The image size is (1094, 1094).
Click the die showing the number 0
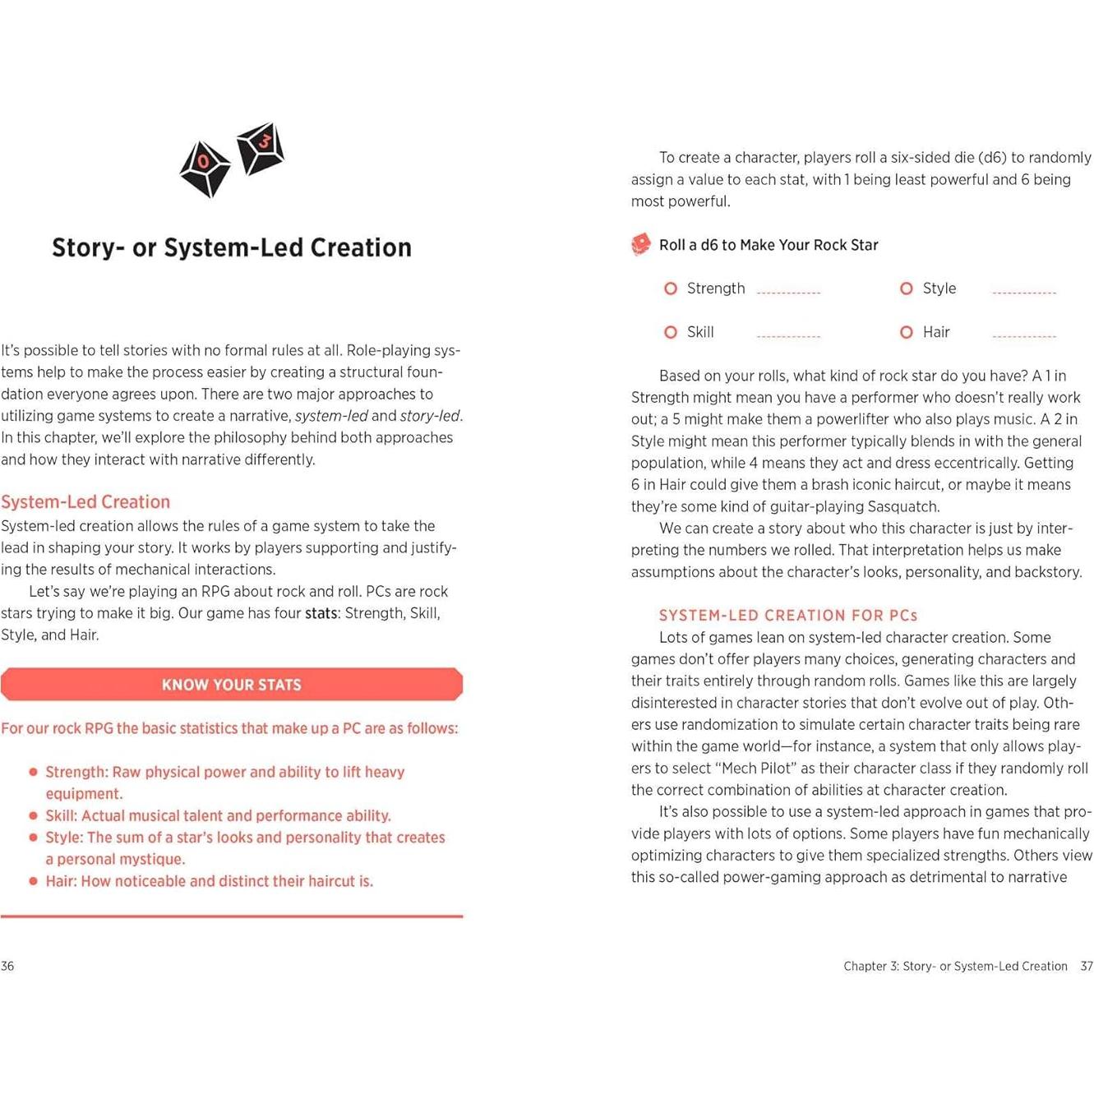[205, 168]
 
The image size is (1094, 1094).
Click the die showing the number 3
[261, 148]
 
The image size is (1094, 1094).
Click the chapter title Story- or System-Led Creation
[232, 247]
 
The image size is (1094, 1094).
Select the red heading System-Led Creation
[85, 501]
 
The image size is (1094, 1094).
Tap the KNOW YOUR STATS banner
[232, 685]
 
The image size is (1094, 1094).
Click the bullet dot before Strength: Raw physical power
[34, 772]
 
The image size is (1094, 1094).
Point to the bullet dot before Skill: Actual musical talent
[34, 815]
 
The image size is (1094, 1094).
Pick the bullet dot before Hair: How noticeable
[34, 881]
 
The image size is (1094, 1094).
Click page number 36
[7, 966]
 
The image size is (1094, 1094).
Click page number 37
[1087, 966]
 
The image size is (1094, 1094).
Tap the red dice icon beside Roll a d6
[641, 244]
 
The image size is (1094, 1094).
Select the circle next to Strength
[671, 289]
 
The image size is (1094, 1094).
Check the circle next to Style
[907, 289]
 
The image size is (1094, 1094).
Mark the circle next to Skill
[671, 332]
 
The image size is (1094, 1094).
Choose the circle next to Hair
[907, 332]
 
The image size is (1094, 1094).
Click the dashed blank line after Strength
[788, 293]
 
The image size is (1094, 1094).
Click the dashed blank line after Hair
[1024, 336]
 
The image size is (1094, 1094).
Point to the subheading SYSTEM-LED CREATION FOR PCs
[787, 615]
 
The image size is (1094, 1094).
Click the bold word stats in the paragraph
[321, 613]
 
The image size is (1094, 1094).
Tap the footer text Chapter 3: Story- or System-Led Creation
[955, 966]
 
